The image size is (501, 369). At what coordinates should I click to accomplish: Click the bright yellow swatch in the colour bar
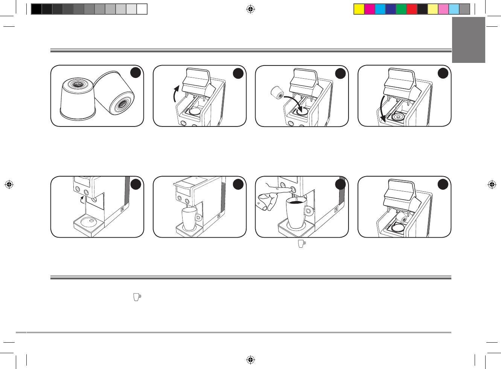point(359,9)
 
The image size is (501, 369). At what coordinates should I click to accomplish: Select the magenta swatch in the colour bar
point(370,9)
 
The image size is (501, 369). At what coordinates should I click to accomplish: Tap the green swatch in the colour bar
point(401,9)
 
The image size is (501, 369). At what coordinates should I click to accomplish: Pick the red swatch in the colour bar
point(412,9)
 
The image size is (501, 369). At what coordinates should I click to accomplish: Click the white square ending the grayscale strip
point(142,9)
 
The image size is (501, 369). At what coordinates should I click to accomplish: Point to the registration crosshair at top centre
point(251,9)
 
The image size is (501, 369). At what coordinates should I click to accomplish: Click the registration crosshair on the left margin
point(9,184)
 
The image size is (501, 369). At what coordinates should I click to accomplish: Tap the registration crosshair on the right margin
point(491,184)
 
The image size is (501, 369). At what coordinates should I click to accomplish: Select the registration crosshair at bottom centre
point(251,360)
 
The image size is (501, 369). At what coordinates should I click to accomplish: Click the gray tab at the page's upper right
point(469,40)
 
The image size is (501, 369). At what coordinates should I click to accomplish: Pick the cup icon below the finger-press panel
point(302,244)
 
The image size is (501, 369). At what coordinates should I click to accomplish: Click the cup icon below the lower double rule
point(137,297)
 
